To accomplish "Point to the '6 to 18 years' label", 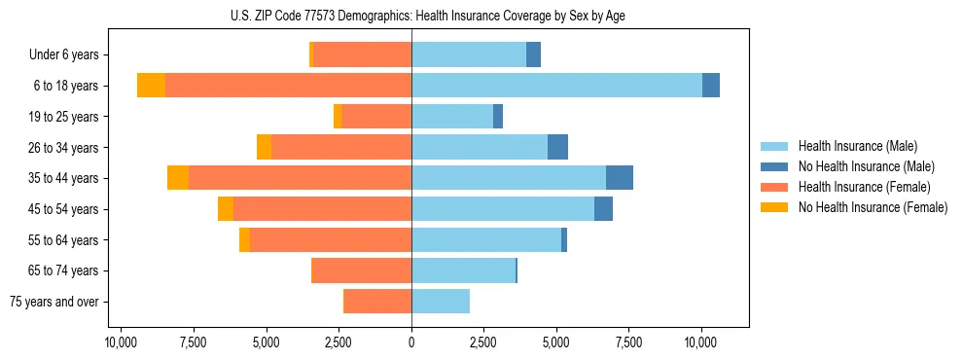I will click(66, 86).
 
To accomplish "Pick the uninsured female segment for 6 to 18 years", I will click(151, 86).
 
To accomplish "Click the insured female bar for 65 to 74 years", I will click(362, 270).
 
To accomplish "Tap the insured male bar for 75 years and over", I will click(441, 302).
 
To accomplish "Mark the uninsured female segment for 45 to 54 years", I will click(226, 209).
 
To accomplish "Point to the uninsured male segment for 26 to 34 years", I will click(557, 147).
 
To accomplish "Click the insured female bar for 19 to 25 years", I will click(376, 117).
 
